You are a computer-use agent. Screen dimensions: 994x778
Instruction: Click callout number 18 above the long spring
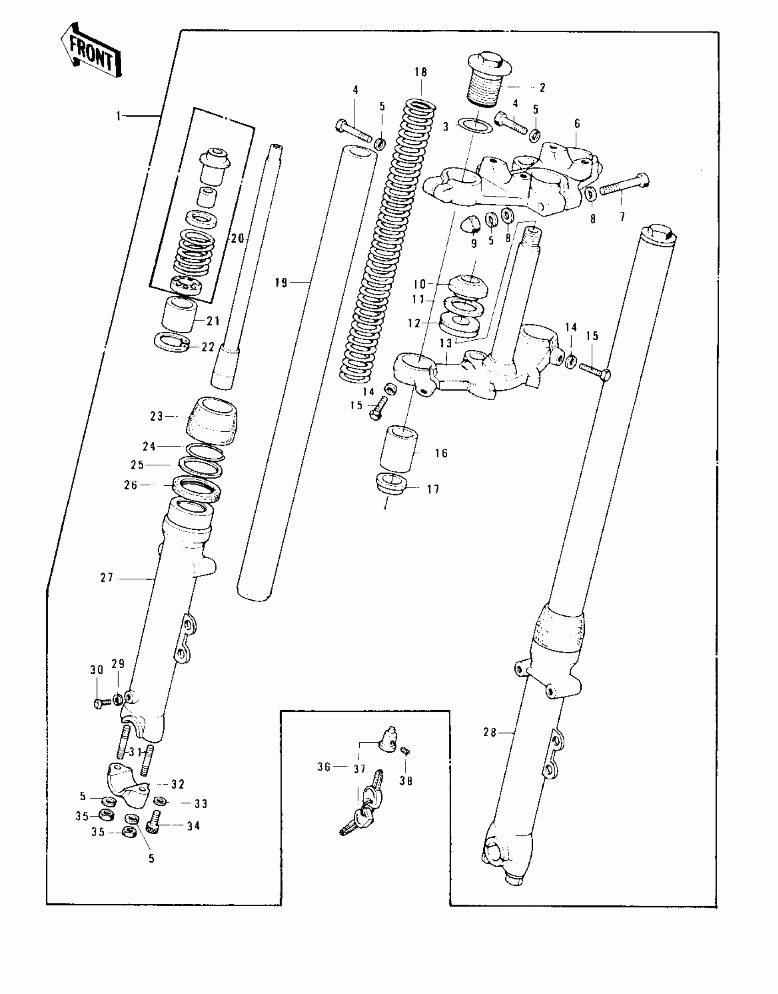421,72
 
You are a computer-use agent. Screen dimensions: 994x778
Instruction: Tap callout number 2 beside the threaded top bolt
542,88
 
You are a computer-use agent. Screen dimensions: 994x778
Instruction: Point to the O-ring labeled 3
475,125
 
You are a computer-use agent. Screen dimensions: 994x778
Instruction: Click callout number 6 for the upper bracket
577,124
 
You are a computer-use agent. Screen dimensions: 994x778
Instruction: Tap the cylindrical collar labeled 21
180,314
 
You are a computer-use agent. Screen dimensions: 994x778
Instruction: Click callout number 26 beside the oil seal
131,485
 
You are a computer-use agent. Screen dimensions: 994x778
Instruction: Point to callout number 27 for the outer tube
107,578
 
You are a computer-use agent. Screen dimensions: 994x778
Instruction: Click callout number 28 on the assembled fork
490,733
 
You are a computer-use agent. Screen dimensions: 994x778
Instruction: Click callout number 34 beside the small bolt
193,826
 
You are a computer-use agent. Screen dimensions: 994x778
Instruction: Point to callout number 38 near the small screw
406,781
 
